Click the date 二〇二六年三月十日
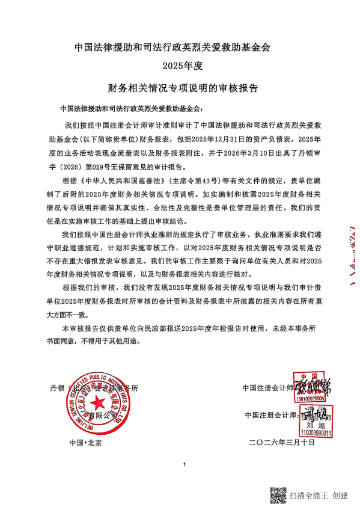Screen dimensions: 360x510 pyautogui.click(x=281, y=443)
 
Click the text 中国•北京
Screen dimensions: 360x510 pyautogui.click(x=85, y=443)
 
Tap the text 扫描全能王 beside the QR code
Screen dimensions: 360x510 pyautogui.click(x=308, y=496)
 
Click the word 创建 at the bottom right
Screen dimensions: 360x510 pyautogui.click(x=340, y=496)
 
